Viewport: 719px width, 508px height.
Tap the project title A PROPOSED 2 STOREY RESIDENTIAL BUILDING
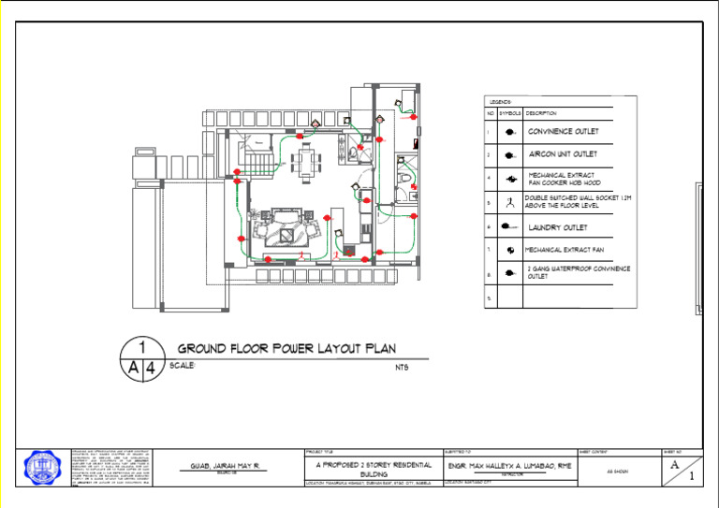click(374, 469)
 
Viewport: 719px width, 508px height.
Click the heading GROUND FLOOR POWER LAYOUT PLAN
click(293, 348)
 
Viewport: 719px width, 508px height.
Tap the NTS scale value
click(403, 367)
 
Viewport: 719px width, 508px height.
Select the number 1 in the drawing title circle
click(141, 346)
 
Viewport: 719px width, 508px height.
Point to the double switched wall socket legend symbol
click(509, 200)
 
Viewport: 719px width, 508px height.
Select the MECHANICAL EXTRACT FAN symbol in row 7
click(509, 250)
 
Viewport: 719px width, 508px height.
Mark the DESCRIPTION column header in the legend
click(542, 113)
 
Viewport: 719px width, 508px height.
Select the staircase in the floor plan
click(263, 165)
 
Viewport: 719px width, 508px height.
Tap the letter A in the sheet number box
click(674, 464)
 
